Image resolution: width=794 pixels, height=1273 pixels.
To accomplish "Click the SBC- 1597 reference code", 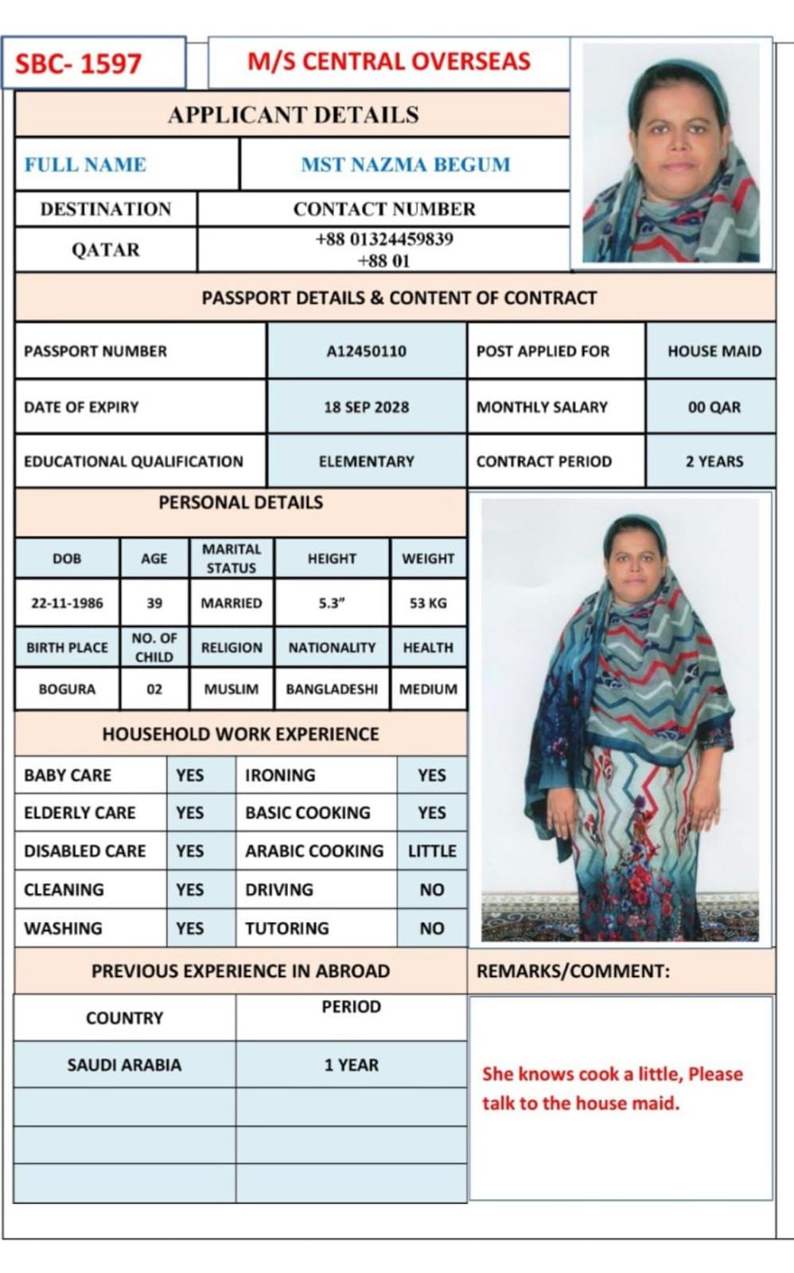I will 78,64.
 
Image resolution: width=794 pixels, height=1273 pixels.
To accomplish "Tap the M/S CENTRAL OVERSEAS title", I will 388,61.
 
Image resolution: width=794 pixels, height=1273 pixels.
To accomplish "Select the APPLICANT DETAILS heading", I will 293,115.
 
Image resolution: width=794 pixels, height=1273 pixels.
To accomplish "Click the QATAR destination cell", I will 106,250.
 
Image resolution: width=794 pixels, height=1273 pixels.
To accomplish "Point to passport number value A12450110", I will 366,351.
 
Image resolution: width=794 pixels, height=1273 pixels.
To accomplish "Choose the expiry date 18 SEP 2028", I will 366,407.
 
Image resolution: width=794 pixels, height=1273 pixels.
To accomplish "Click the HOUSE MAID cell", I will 714,351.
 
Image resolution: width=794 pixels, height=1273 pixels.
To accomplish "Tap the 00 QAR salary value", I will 714,407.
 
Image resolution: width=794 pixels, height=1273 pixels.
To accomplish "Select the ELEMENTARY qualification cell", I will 366,461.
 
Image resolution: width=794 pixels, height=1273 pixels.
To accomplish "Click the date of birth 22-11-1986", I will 67,603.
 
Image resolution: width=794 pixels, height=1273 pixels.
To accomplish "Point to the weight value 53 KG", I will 428,603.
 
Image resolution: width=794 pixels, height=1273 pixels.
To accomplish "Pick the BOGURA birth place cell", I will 67,689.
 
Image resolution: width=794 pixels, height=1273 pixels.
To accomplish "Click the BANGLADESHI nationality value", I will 332,689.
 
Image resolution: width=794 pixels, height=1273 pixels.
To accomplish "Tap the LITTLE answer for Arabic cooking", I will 432,851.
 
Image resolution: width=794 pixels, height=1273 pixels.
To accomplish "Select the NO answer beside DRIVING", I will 432,890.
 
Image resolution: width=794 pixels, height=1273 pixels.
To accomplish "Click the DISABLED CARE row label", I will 85,851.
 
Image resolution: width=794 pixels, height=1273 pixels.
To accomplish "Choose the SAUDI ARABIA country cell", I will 124,1065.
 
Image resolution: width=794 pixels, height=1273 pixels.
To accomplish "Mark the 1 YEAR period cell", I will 351,1065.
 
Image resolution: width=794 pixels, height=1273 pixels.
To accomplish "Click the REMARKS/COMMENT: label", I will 573,971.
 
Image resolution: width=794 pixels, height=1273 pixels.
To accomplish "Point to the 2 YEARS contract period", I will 714,461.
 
